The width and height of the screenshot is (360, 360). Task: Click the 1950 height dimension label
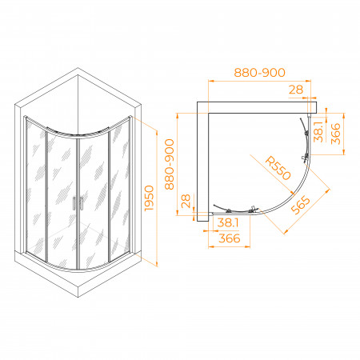pos(150,198)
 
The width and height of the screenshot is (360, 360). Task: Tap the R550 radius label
pos(278,169)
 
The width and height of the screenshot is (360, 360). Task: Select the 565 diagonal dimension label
pos(301,205)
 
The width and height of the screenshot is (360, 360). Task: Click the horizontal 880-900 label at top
pos(259,73)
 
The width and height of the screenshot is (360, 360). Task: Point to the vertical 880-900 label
pos(170,164)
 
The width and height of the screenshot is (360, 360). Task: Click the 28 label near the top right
pos(296,90)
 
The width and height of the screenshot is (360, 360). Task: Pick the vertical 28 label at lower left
pos(186,201)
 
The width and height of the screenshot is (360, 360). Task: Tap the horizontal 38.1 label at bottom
pos(228,222)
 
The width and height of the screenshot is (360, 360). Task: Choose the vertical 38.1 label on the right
pos(318,132)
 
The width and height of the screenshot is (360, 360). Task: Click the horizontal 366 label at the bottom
pos(230,238)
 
